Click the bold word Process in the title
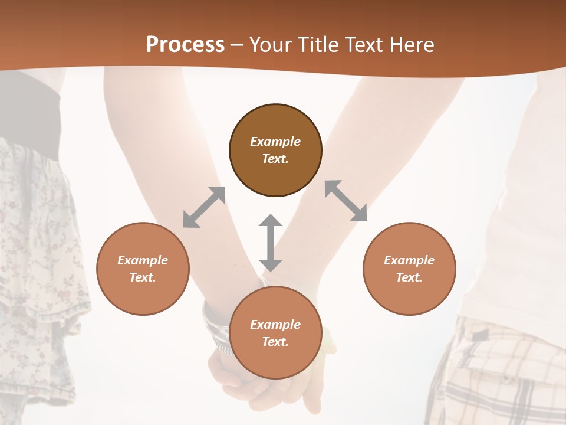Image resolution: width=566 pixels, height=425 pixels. tap(185, 45)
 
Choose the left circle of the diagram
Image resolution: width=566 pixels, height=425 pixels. tap(143, 269)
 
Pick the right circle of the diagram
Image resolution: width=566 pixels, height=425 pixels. tap(409, 269)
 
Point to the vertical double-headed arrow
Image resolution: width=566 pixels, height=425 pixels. tap(271, 243)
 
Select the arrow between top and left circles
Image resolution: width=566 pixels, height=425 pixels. tap(204, 207)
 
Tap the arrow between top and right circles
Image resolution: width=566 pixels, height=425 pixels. tap(346, 201)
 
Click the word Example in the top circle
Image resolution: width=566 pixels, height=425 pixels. tap(275, 142)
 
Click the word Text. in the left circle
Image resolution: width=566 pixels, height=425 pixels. tap(143, 277)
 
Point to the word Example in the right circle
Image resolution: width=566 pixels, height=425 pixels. tap(409, 260)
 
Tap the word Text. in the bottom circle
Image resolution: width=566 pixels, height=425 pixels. tap(275, 342)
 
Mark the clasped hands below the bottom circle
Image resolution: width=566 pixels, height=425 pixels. tap(259, 390)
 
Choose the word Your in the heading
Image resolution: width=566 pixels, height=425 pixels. tap(270, 45)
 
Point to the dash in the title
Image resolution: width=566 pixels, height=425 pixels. tap(237, 45)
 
